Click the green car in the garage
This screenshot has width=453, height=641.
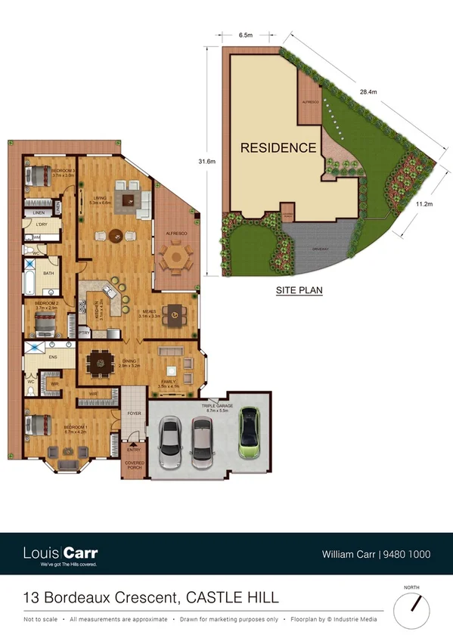[249, 434]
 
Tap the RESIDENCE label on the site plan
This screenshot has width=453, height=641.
[278, 148]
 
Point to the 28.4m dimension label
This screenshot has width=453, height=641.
[368, 91]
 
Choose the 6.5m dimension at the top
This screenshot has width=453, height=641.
[245, 35]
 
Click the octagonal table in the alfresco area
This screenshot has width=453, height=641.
[177, 257]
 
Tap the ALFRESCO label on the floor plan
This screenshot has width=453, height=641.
[176, 234]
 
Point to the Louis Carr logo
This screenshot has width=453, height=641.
[61, 554]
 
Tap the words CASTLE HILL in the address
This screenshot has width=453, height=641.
[231, 598]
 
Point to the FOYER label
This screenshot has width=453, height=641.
[134, 413]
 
